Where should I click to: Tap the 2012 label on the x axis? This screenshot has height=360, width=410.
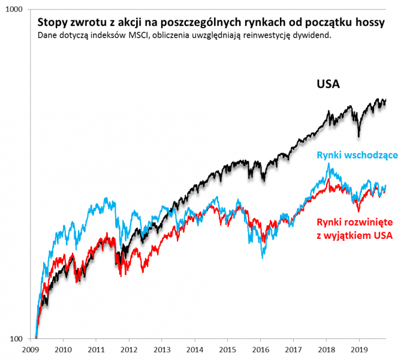(127, 349)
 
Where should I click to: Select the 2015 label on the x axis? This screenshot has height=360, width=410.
(227, 349)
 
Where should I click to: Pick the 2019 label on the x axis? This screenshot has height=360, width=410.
(358, 349)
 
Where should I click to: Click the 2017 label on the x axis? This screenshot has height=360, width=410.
(293, 349)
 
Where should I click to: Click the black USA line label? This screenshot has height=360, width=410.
(328, 83)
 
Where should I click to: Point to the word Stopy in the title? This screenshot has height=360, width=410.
(52, 22)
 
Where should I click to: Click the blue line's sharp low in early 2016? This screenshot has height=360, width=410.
(262, 257)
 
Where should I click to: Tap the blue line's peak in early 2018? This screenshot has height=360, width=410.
(328, 163)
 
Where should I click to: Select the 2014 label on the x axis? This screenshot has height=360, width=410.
(194, 349)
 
